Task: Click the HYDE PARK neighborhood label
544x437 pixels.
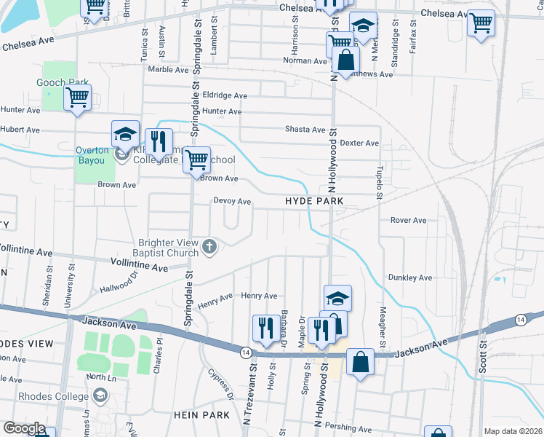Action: (x=313, y=200)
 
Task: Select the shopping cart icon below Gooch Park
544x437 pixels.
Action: (x=77, y=98)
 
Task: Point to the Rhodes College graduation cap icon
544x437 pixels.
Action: (x=100, y=396)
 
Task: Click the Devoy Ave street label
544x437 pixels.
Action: (x=232, y=201)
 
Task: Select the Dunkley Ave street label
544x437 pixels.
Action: (x=410, y=277)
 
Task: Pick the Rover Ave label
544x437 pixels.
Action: (x=408, y=220)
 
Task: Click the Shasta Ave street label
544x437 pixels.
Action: (x=305, y=130)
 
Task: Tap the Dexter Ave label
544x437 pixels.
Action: (x=360, y=143)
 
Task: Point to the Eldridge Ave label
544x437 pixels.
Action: (x=225, y=95)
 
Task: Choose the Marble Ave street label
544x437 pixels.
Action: (x=168, y=70)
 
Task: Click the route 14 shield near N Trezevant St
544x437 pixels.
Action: (x=245, y=351)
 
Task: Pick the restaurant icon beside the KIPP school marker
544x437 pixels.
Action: (x=157, y=141)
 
